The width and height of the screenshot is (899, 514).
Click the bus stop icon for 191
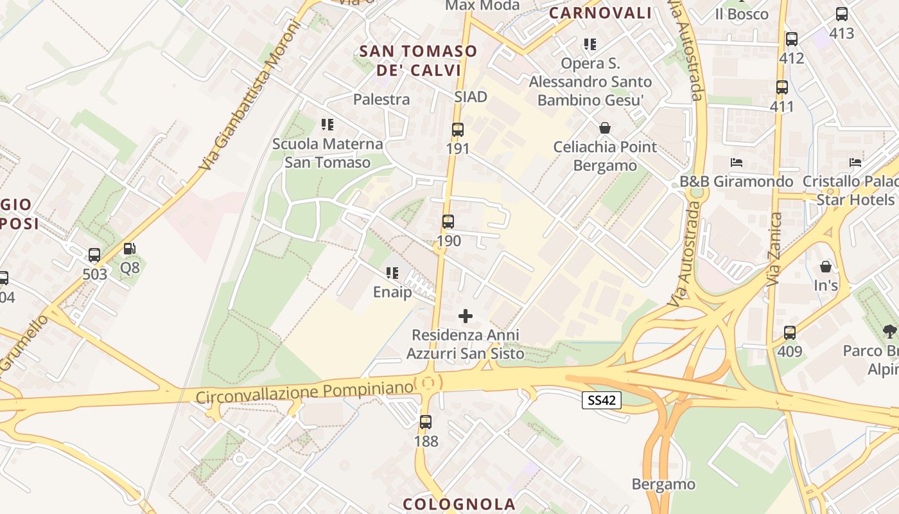pos(457,130)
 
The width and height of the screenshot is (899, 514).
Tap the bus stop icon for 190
pos(448,222)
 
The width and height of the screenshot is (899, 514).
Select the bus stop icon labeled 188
pos(425,422)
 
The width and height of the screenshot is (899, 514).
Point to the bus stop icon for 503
pos(94,255)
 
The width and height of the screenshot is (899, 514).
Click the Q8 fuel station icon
pos(129,248)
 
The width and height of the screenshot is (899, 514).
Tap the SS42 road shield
pos(602,400)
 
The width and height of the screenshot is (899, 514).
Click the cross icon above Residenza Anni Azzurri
pos(466,316)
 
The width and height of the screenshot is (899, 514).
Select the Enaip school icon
pos(392,273)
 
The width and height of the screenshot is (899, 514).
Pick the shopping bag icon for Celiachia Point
pos(604,128)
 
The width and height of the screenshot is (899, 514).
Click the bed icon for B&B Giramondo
pos(736,162)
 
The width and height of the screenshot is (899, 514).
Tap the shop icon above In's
pos(825,266)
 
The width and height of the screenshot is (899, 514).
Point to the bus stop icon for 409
pos(790,333)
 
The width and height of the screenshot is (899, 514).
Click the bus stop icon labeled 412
pos(791,39)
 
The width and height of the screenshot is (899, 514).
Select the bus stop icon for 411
pos(781,87)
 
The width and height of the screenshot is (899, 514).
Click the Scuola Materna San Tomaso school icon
pos(327,125)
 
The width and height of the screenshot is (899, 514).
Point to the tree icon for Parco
pos(889,332)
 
